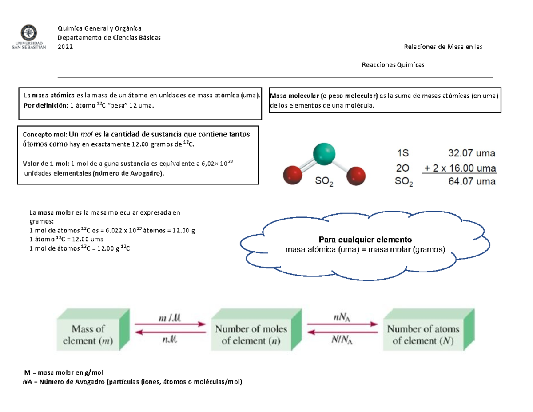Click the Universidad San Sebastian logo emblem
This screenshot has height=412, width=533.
point(29,32)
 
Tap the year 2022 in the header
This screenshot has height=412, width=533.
point(65,47)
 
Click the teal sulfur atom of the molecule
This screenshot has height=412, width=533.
point(324,154)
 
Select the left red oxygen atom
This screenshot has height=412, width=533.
point(292,175)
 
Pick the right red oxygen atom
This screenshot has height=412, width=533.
point(356,176)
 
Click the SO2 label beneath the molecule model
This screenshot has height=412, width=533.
point(324,181)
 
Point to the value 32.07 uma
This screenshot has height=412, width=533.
point(472,153)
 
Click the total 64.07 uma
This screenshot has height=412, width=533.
point(472,181)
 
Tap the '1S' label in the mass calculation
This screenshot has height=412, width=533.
point(403,153)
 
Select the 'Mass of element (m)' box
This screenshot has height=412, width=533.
point(93,329)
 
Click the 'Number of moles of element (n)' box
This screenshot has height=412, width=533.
point(256,329)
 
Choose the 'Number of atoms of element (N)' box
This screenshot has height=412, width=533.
point(429,329)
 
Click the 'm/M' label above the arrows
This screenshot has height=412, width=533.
point(170,318)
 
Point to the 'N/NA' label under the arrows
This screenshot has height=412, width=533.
point(342,340)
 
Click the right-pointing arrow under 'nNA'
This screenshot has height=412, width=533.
point(342,324)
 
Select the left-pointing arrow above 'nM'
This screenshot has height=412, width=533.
point(171,332)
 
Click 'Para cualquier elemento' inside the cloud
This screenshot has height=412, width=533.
point(365,240)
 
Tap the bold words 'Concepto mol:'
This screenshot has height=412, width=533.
point(45,135)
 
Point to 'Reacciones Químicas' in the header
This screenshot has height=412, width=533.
point(393,65)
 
